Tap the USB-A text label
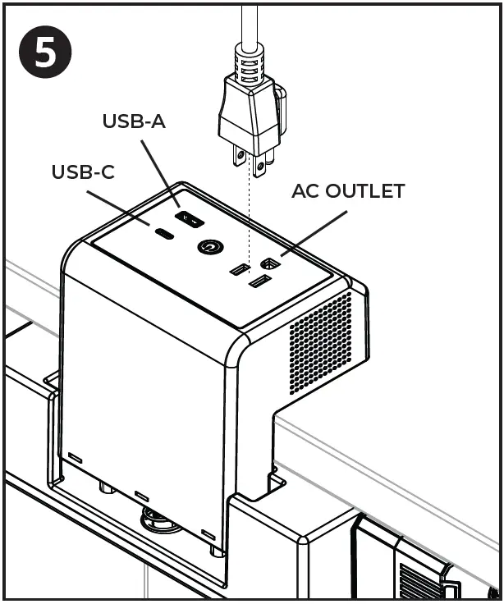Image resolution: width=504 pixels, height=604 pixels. coord(134,121)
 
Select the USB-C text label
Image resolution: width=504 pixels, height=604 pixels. coord(83,172)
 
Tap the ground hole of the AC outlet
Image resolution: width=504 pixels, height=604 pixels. coord(268,264)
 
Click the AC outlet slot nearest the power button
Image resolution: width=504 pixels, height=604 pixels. coord(239,270)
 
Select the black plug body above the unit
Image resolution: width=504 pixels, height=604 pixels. coord(250,111)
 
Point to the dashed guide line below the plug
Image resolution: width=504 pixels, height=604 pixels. coord(249,213)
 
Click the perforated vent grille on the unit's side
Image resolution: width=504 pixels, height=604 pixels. coord(320,341)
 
